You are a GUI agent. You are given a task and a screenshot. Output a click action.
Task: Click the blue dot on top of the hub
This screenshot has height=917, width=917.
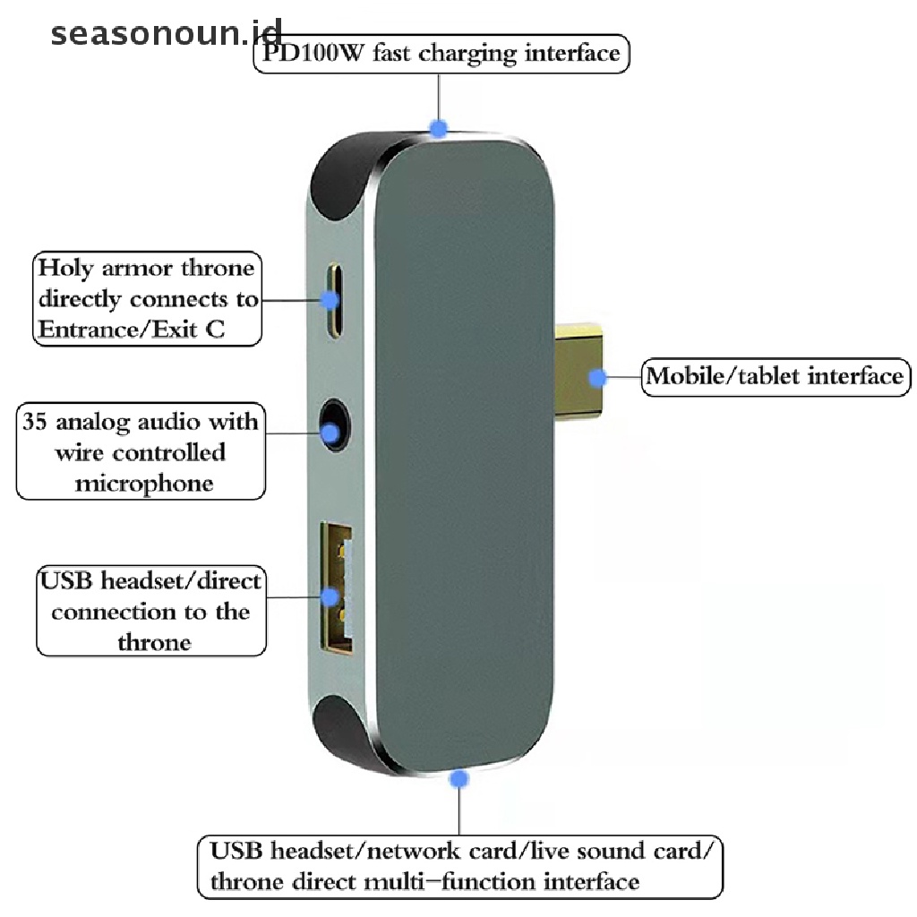coord(438,128)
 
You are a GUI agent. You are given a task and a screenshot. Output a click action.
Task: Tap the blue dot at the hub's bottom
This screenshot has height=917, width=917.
coord(459,780)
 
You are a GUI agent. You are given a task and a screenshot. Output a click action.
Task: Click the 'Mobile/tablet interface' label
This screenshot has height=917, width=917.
coord(776,375)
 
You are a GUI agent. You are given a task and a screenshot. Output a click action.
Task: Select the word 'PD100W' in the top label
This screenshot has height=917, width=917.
coord(301,54)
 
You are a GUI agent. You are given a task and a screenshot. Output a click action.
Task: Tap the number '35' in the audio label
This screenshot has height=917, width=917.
coord(39,421)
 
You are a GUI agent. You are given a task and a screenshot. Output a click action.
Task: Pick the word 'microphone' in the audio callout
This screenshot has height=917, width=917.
coord(144,484)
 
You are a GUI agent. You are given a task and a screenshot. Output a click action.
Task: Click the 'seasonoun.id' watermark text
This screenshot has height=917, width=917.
coord(166,34)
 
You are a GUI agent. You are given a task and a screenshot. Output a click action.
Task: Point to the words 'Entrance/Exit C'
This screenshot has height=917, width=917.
coord(130,330)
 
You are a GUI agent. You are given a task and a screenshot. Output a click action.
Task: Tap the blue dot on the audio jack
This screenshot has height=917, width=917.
coord(331,435)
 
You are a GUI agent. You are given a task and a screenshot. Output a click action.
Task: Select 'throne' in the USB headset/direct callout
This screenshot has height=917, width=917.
coord(153,642)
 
